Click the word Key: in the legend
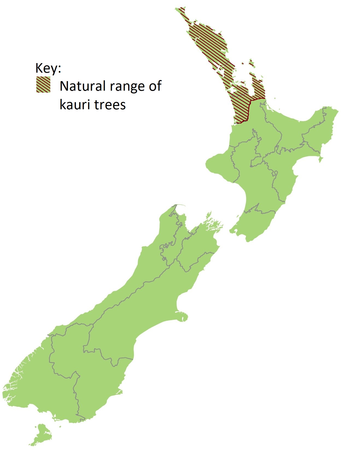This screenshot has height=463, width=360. [x=48, y=68]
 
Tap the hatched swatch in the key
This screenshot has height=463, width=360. [x=43, y=84]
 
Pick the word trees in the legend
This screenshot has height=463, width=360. [x=110, y=105]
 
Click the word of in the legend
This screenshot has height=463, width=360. [x=155, y=86]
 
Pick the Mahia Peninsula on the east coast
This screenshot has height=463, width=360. [x=321, y=158]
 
